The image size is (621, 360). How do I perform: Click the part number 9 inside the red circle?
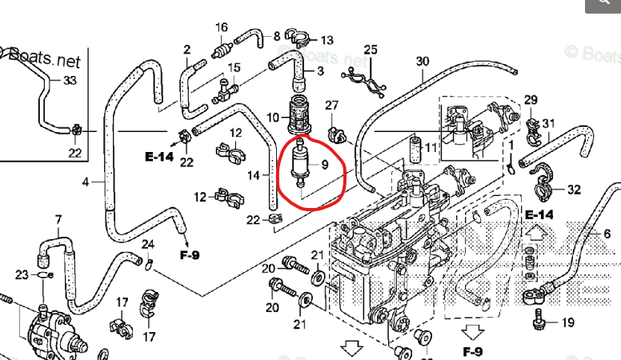pos(324,165)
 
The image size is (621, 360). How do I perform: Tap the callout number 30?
pos(423,62)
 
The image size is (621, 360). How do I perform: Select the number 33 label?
pos(70,80)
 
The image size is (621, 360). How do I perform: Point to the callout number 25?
pos(370,50)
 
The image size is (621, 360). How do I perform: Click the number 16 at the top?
pos(222,28)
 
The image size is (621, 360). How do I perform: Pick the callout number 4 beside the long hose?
pos(86,182)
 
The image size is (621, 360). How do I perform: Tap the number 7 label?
pos(58,219)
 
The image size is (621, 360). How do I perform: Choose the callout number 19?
pos(567,323)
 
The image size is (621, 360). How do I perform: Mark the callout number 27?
pos(332,106)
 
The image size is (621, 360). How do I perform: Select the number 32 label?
pos(574,190)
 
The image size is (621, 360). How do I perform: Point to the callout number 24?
pos(147,244)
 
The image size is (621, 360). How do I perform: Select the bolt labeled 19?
pos(539,324)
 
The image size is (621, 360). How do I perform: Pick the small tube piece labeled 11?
pos(415,149)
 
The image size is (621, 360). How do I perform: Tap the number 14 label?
pos(252,175)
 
